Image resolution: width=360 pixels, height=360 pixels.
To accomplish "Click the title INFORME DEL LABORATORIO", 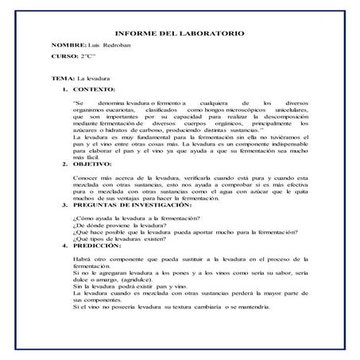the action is point(180,34).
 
